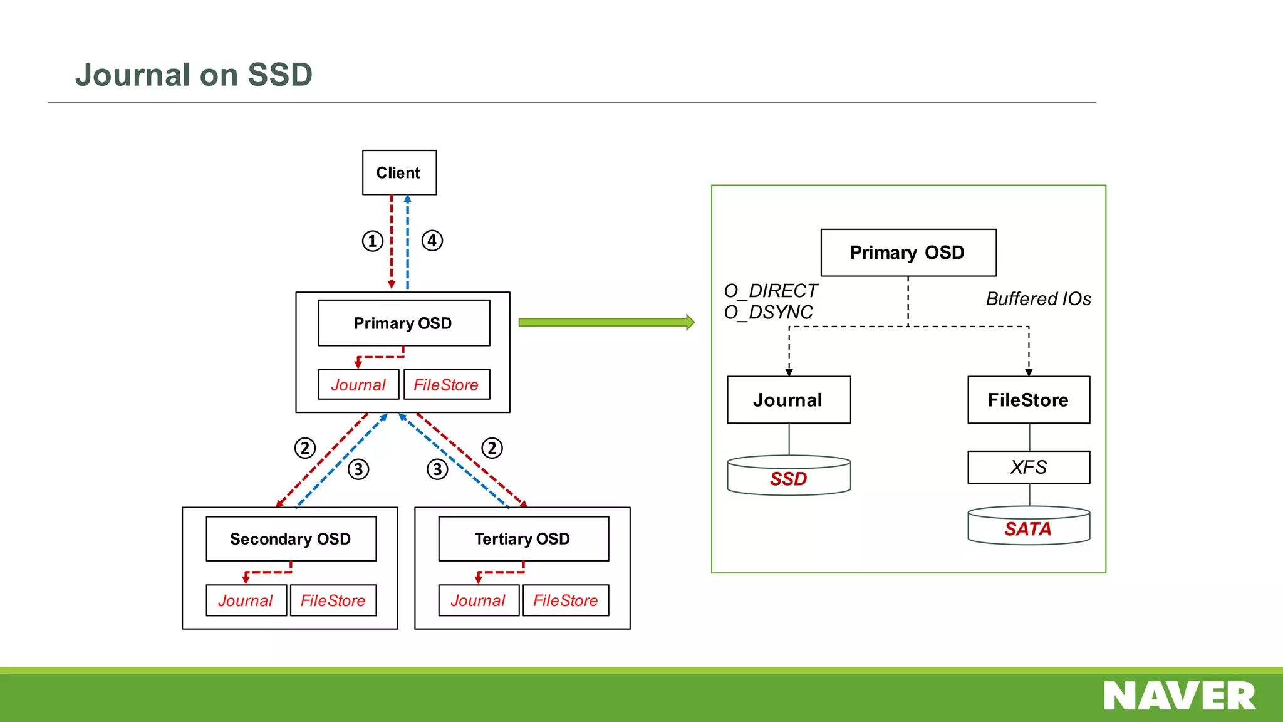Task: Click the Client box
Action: (399, 172)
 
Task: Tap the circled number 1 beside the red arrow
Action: (372, 241)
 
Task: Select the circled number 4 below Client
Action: (432, 241)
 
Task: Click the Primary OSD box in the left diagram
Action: (403, 323)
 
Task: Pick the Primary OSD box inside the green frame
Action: (908, 253)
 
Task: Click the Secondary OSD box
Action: (291, 538)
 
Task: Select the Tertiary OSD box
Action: (523, 538)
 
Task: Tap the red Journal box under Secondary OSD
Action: (246, 600)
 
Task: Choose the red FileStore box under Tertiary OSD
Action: (565, 600)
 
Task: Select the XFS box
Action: (1028, 467)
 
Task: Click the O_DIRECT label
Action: (771, 291)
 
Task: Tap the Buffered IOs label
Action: (1038, 299)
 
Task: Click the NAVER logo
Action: (1179, 696)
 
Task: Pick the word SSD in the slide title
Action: (279, 75)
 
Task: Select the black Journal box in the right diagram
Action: (788, 400)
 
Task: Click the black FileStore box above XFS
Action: (1028, 400)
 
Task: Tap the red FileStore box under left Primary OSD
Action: (446, 385)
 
